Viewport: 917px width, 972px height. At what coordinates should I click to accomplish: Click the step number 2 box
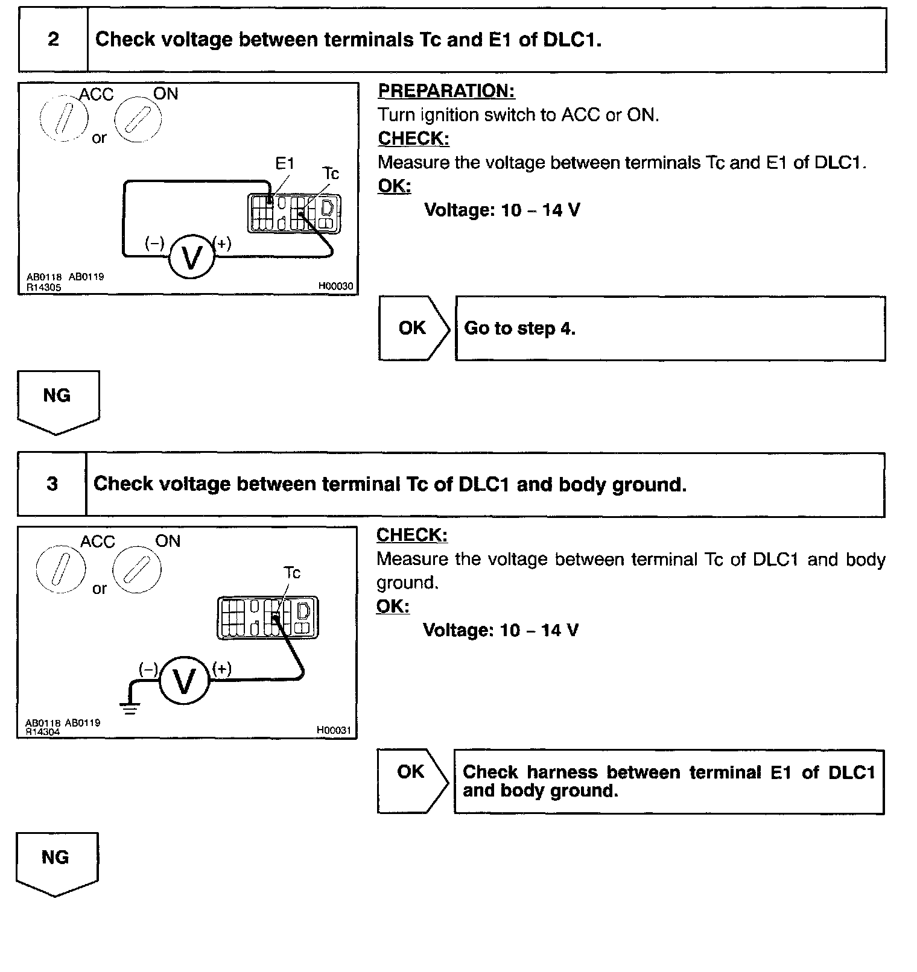pyautogui.click(x=53, y=40)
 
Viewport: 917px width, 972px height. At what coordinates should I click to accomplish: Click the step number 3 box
pyautogui.click(x=52, y=484)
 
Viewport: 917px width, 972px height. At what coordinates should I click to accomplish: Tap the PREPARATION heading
pyautogui.click(x=446, y=91)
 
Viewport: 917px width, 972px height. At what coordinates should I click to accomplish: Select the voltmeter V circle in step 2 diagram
pyautogui.click(x=191, y=257)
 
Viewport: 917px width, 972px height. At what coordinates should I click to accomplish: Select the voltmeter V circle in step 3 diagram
pyautogui.click(x=184, y=681)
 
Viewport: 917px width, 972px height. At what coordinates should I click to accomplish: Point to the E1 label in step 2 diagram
pyautogui.click(x=284, y=163)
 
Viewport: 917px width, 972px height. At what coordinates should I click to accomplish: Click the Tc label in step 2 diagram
pyautogui.click(x=331, y=174)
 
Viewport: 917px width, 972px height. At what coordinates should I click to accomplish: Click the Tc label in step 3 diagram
pyautogui.click(x=292, y=573)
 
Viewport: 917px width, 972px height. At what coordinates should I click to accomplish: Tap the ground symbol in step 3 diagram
pyautogui.click(x=130, y=707)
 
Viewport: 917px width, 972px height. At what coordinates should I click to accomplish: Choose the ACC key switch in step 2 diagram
pyautogui.click(x=64, y=118)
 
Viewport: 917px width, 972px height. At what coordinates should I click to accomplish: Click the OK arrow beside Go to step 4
pyautogui.click(x=413, y=328)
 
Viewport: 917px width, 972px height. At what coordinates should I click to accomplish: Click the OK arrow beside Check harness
pyautogui.click(x=411, y=781)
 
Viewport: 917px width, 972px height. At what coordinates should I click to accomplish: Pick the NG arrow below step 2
pyautogui.click(x=57, y=400)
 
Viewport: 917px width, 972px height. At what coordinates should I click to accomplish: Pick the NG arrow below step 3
pyautogui.click(x=56, y=862)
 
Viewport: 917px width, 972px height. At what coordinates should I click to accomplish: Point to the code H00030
pyautogui.click(x=335, y=286)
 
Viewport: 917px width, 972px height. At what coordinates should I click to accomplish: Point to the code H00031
pyautogui.click(x=334, y=730)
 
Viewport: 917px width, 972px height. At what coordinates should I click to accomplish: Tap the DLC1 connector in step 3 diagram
pyautogui.click(x=267, y=617)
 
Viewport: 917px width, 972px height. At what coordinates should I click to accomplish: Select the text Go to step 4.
pyautogui.click(x=519, y=329)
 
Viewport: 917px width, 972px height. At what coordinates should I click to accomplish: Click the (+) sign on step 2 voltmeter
pyautogui.click(x=223, y=244)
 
